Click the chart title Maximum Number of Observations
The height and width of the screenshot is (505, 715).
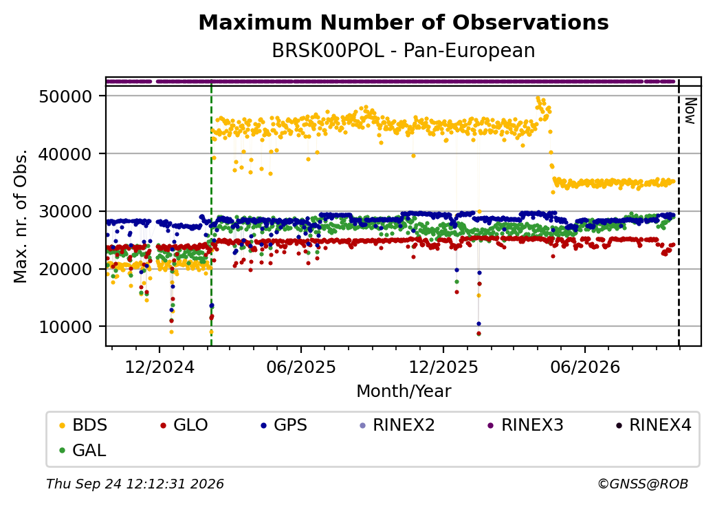pos(404,22)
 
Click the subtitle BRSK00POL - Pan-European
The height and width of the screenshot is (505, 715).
pos(404,51)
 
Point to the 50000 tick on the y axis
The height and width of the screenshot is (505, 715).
pos(66,96)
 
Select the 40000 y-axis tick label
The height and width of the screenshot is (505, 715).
pos(66,154)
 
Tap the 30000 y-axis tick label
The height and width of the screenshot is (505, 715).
pos(66,212)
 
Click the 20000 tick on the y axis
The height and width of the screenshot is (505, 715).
pos(66,269)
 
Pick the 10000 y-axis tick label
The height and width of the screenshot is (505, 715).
pos(66,327)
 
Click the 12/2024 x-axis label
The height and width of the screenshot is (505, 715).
pos(159,367)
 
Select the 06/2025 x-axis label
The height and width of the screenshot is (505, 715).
pos(301,367)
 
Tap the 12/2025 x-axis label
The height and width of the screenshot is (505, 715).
pos(443,367)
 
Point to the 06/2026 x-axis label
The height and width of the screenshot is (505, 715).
pos(585,367)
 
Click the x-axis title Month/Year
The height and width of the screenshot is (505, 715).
pos(404,391)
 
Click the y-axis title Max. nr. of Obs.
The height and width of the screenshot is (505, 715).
pos(21,216)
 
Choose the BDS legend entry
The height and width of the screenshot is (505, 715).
pos(83,425)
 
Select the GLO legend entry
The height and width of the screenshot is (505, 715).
pos(184,425)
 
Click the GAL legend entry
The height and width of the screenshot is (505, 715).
pos(83,450)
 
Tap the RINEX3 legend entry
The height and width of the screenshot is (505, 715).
pos(525,425)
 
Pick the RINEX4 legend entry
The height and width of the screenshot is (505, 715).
pos(653,425)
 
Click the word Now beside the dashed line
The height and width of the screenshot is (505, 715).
pos(690,111)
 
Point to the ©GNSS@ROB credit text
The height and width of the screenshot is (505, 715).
pos(643,484)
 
